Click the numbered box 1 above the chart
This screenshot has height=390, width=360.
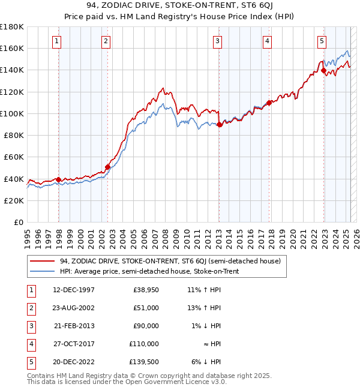pos(56,41)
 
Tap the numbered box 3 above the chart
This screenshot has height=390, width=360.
pos(217,41)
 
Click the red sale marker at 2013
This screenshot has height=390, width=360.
pos(220,124)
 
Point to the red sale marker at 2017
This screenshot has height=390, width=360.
pos(269,103)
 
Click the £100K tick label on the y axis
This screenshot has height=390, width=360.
pos(12,113)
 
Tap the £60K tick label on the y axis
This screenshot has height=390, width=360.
pos(14,157)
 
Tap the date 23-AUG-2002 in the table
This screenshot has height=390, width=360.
pos(74,308)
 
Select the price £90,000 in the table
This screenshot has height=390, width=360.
pos(146,326)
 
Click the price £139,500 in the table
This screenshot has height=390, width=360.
pos(144,362)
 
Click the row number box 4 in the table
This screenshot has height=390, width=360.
pos(30,344)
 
